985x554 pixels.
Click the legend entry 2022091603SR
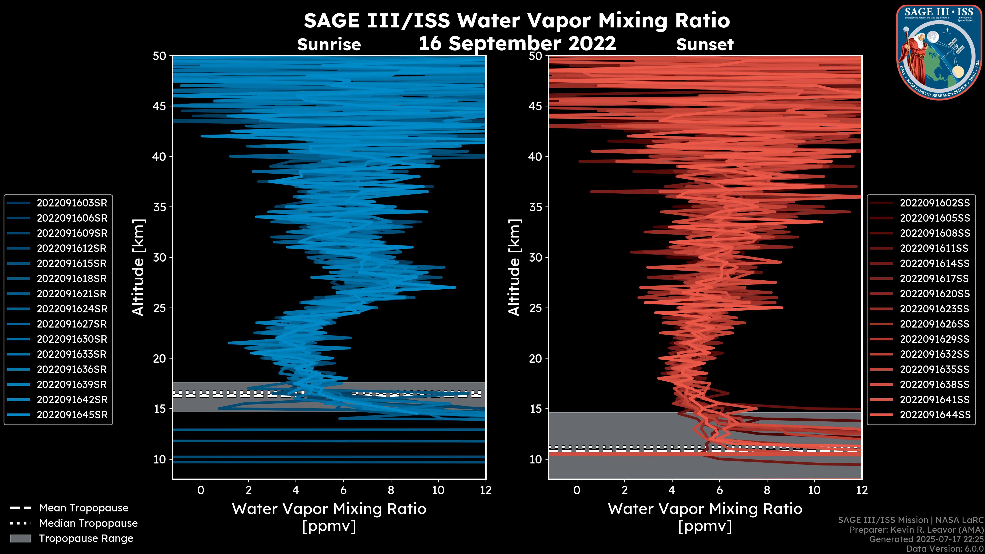tap(72, 203)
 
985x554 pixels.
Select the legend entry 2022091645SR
tap(72, 415)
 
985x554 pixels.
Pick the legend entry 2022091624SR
tap(72, 309)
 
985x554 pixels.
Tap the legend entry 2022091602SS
tap(934, 203)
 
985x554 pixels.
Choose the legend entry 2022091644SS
tap(934, 415)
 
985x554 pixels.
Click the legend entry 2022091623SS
tap(934, 309)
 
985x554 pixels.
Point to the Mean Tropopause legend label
tap(83, 508)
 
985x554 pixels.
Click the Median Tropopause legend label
tap(88, 523)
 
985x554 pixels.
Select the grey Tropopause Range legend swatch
tap(21, 538)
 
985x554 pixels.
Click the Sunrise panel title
tap(329, 45)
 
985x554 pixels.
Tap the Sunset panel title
tap(704, 45)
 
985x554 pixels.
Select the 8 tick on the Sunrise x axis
tap(391, 490)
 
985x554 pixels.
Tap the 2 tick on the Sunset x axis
tap(624, 490)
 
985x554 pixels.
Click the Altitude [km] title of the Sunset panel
tap(515, 268)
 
